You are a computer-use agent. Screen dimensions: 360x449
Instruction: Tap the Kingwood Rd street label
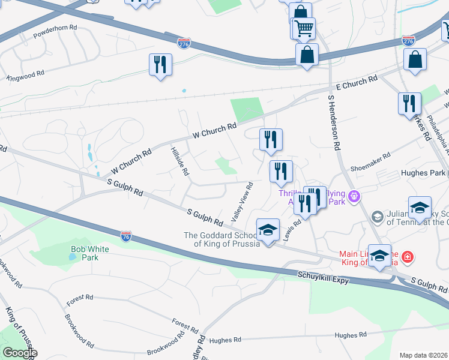click(25, 75)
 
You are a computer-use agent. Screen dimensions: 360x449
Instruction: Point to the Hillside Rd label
click(179, 161)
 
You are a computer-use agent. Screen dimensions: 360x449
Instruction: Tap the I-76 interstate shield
click(125, 236)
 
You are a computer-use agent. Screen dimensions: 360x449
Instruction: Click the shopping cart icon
click(304, 28)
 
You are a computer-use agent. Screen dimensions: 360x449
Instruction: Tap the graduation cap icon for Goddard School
click(268, 229)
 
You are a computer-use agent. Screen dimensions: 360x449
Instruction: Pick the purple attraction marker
click(354, 195)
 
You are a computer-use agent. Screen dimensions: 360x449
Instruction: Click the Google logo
click(20, 353)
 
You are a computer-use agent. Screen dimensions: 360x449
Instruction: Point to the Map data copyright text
click(423, 355)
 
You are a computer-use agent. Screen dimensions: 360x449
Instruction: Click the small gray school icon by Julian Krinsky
click(377, 217)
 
